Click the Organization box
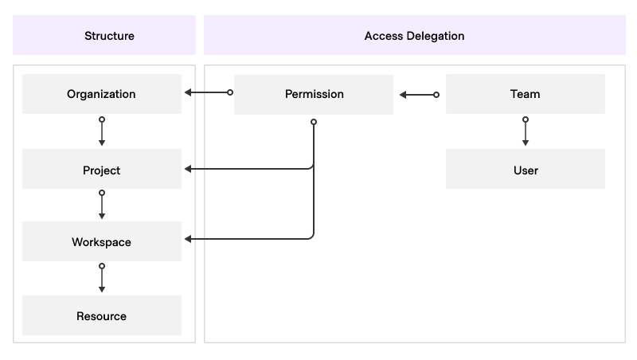(102, 94)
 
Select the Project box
(102, 170)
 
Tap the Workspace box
(102, 241)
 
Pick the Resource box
(102, 315)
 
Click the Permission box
(314, 94)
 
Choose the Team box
(525, 94)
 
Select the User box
(525, 170)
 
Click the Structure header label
(109, 36)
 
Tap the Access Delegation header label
(414, 36)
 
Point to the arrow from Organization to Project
(102, 132)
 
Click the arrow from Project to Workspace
(102, 205)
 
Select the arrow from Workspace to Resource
(102, 279)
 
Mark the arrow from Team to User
(525, 132)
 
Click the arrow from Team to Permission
(419, 95)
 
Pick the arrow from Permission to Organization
(208, 92)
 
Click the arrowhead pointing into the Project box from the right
(189, 169)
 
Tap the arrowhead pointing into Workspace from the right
(189, 239)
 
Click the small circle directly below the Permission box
(314, 122)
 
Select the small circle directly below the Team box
(525, 119)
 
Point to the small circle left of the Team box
(436, 95)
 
